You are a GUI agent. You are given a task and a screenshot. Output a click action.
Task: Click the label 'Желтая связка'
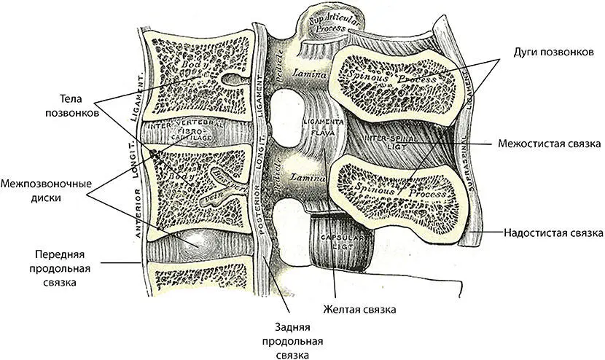[x=360, y=310]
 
